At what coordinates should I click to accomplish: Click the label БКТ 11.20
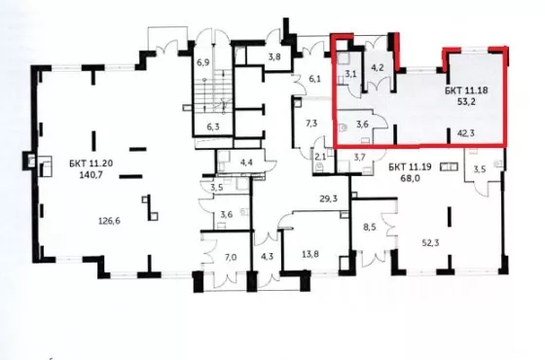[x=91, y=163]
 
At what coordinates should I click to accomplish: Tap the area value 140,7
[x=91, y=175]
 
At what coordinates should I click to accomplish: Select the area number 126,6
[x=109, y=221]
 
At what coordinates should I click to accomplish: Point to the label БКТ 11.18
[x=466, y=90]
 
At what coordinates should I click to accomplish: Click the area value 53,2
[x=466, y=102]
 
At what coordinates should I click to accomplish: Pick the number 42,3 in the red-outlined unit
[x=466, y=133]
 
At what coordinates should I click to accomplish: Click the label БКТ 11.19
[x=410, y=166]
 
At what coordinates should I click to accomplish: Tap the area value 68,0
[x=410, y=178]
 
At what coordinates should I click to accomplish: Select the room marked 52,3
[x=430, y=243]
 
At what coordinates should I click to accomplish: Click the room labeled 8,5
[x=369, y=229]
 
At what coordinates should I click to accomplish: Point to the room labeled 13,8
[x=310, y=254]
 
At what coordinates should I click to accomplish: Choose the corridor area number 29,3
[x=329, y=198]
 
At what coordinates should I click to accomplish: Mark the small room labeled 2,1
[x=320, y=157]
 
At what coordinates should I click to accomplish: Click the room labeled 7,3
[x=311, y=124]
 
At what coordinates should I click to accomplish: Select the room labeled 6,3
[x=213, y=126]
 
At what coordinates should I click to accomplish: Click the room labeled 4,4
[x=246, y=162]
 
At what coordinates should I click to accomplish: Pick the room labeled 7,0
[x=231, y=258]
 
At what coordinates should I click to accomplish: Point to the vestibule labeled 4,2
[x=378, y=67]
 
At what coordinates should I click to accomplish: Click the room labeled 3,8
[x=274, y=56]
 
